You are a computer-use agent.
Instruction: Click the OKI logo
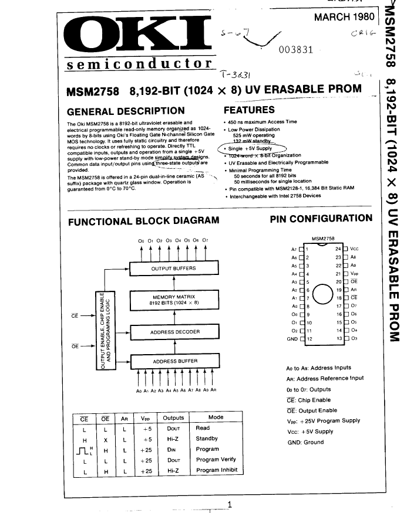pyautogui.click(x=136, y=35)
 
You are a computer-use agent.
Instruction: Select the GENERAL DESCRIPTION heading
pyautogui.click(x=126, y=111)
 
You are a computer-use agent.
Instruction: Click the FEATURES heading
pyautogui.click(x=249, y=110)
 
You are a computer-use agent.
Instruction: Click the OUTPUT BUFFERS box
pyautogui.click(x=173, y=269)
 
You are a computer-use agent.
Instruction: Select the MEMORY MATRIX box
pyautogui.click(x=173, y=300)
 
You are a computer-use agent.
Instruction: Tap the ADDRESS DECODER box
pyautogui.click(x=173, y=332)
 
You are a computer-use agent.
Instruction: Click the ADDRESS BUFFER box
pyautogui.click(x=173, y=362)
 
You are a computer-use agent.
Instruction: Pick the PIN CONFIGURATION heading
pyautogui.click(x=321, y=219)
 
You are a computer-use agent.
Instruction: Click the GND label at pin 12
pyautogui.click(x=292, y=339)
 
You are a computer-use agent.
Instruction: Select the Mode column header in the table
pyautogui.click(x=216, y=417)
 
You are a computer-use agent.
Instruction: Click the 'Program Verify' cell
pyautogui.click(x=216, y=460)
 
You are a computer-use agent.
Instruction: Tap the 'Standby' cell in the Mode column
pyautogui.click(x=207, y=439)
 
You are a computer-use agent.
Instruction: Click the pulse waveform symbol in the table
pyautogui.click(x=84, y=450)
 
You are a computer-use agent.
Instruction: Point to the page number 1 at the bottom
pyautogui.click(x=230, y=504)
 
